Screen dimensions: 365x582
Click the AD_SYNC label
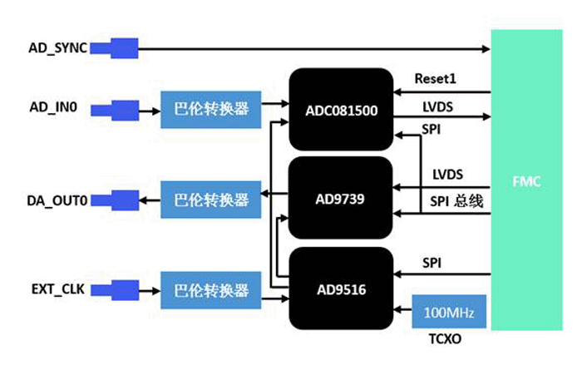[x=56, y=48]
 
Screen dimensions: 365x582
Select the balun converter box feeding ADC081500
[x=210, y=109]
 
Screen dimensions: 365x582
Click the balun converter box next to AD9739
[x=210, y=200]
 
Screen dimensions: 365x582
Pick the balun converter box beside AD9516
[x=210, y=291]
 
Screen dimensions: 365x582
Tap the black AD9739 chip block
[x=340, y=200]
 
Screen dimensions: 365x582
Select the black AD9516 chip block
[x=340, y=289]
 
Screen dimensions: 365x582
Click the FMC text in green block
[x=526, y=180]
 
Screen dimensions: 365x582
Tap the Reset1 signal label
[x=436, y=79]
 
